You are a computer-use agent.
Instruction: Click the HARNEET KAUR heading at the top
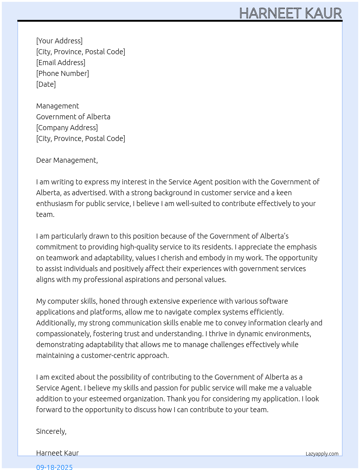pyautogui.click(x=290, y=13)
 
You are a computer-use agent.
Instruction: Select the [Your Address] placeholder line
pyautogui.click(x=59, y=41)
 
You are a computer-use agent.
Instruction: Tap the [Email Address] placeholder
pyautogui.click(x=61, y=63)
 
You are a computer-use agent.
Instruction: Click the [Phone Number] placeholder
pyautogui.click(x=63, y=73)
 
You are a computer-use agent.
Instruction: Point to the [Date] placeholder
pyautogui.click(x=46, y=84)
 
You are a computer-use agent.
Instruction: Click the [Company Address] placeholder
pyautogui.click(x=67, y=128)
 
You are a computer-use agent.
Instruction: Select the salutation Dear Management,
pyautogui.click(x=67, y=160)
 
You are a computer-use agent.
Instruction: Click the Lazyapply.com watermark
pyautogui.click(x=322, y=454)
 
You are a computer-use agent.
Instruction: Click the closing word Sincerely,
pyautogui.click(x=51, y=431)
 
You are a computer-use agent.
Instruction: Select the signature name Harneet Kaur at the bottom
pyautogui.click(x=57, y=453)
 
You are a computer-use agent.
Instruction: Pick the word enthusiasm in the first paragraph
pyautogui.click(x=54, y=204)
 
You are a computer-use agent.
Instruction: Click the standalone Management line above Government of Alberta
pyautogui.click(x=57, y=106)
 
